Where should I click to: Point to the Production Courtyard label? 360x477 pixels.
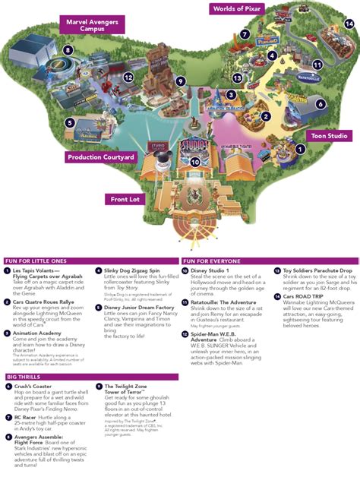coord(101,157)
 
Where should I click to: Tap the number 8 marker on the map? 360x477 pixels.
coord(68,51)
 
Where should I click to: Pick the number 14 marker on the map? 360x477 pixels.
coord(349,24)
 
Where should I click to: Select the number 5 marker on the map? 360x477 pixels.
coord(69,122)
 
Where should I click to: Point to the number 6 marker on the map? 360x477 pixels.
coord(321,104)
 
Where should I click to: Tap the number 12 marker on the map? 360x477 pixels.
coord(128,77)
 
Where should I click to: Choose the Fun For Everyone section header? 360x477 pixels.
coord(214,261)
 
